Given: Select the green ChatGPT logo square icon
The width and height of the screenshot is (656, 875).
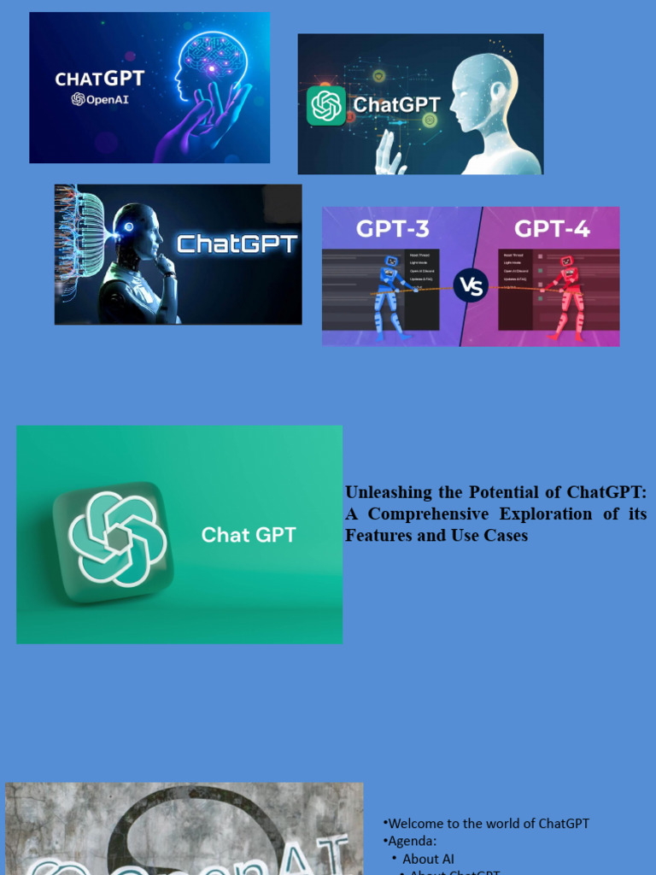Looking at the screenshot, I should coord(326,106).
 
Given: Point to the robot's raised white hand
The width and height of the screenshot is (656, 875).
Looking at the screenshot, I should coord(389,155).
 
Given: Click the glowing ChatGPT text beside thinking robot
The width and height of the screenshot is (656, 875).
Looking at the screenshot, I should coord(237,244).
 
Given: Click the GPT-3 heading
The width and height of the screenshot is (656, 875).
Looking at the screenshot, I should coord(393,229).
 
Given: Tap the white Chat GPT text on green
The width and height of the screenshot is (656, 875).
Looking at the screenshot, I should coord(249,535).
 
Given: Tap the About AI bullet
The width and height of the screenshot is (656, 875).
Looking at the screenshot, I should coord(428,859).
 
